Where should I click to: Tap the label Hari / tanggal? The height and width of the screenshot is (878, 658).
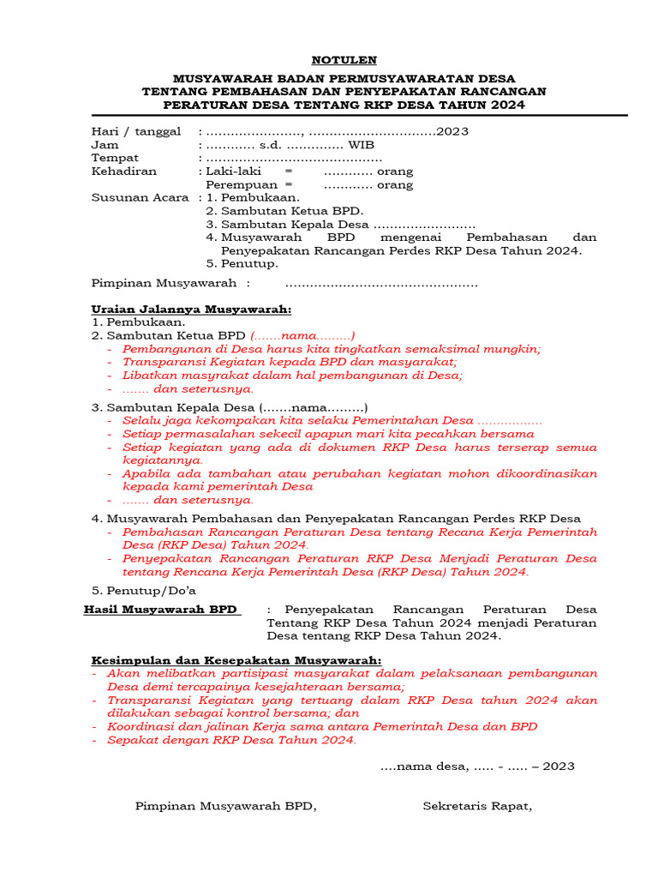tap(136, 131)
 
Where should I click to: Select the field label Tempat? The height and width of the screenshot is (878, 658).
tap(115, 158)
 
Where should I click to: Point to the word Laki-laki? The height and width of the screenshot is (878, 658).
tap(233, 171)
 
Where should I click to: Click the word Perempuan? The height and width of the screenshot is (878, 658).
tap(242, 184)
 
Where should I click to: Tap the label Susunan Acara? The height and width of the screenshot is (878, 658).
tap(140, 197)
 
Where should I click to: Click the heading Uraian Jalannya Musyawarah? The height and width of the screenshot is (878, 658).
tap(191, 310)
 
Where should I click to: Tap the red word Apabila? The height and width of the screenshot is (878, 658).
tap(147, 473)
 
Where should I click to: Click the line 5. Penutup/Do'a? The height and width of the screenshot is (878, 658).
tap(144, 590)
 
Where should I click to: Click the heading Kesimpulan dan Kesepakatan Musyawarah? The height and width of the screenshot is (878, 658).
tap(236, 660)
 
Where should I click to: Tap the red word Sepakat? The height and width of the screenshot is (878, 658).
tap(131, 739)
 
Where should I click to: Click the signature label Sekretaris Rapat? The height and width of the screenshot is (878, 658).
tap(477, 806)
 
